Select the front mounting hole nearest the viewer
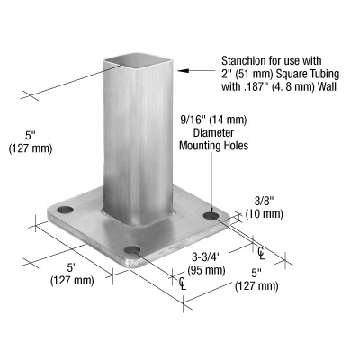pos(131,250)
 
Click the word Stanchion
pos(237,56)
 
